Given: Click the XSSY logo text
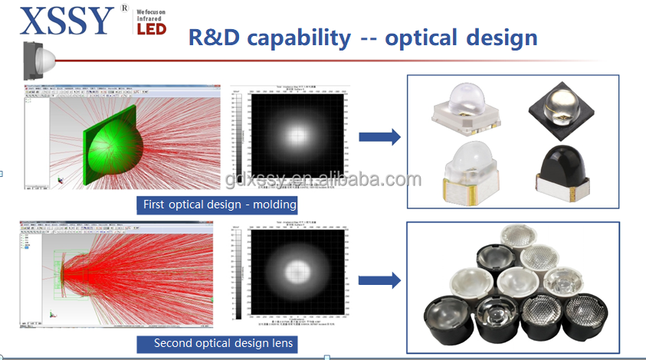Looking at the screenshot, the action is pos(67,21).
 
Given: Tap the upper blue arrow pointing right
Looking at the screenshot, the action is pos(380,137).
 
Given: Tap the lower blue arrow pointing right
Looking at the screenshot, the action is pos(380,282).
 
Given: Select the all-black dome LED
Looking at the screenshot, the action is pos(566,169).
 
